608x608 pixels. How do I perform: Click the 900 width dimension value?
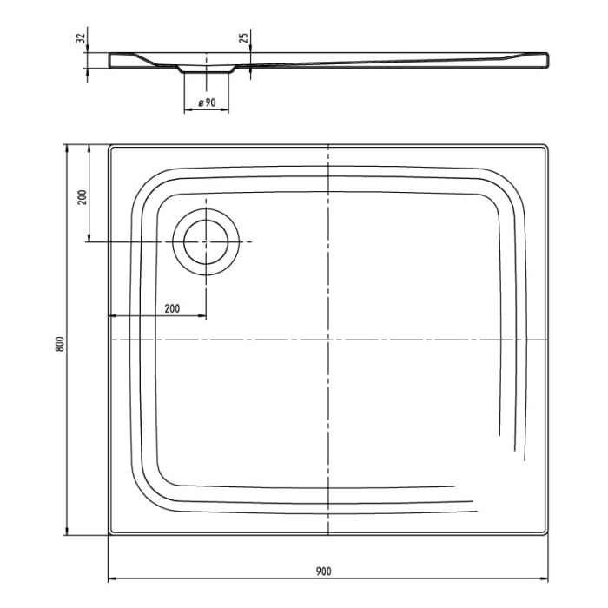click(323, 571)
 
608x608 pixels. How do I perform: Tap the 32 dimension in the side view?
click(80, 39)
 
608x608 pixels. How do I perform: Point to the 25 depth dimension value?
click(244, 38)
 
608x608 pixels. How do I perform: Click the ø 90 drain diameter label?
click(207, 103)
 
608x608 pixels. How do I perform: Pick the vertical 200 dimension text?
click(82, 196)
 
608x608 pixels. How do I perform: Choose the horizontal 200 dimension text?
click(171, 308)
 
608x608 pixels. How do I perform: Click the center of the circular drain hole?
click(206, 241)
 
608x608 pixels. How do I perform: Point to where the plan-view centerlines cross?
click(328, 339)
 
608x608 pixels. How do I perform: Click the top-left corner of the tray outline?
click(109, 146)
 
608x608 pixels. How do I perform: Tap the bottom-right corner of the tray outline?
click(548, 532)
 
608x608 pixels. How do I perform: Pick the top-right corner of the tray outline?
click(548, 146)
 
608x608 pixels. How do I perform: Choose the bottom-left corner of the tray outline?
click(109, 532)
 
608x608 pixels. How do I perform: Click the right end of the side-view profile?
click(547, 60)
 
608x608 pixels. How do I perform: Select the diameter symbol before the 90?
click(201, 103)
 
